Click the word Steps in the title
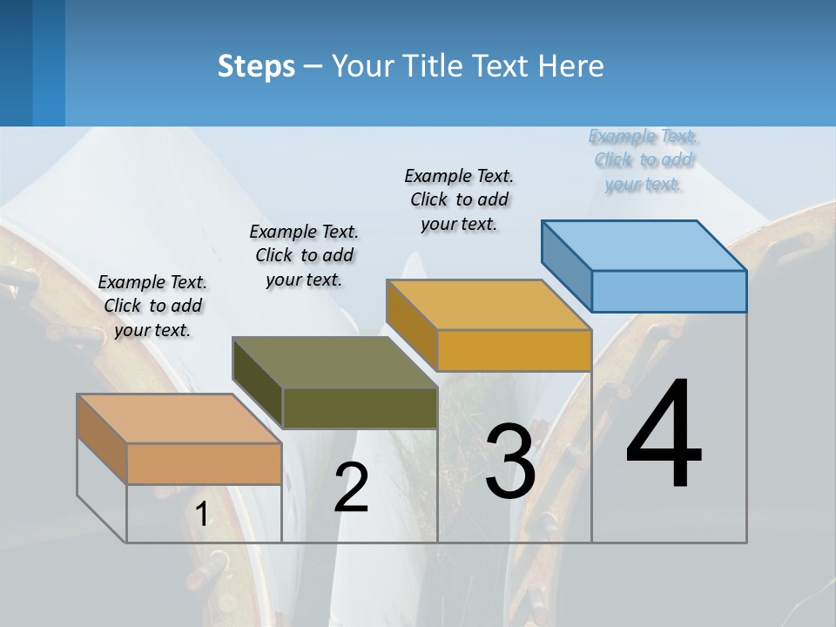(255, 66)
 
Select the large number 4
(664, 435)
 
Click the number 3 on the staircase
(509, 462)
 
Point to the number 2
(352, 487)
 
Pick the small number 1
(202, 514)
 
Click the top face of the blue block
(644, 245)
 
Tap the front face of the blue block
(669, 291)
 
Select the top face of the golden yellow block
(489, 305)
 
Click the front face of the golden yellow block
(514, 350)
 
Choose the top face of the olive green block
(334, 362)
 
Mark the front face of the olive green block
(360, 408)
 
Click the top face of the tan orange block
(179, 419)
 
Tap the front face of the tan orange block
(204, 463)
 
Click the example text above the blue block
(644, 159)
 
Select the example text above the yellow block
(459, 199)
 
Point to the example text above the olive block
(304, 255)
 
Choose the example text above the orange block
(152, 306)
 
